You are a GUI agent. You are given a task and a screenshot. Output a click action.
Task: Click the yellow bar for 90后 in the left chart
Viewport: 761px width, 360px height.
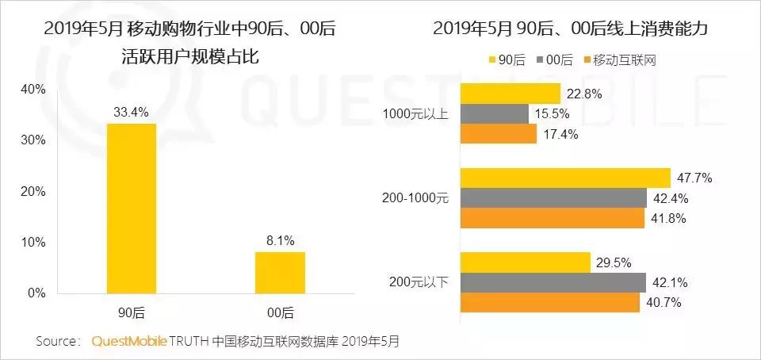(132, 208)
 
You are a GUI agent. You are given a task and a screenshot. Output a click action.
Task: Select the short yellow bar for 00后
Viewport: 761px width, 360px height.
(280, 272)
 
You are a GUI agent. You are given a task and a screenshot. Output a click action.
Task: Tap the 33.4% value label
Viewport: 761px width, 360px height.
(132, 112)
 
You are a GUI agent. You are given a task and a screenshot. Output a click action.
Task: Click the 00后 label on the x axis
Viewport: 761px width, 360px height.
(280, 311)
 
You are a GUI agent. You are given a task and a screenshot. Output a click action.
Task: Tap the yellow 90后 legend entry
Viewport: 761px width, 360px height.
(509, 61)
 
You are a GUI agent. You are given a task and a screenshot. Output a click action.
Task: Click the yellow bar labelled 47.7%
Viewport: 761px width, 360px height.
(565, 178)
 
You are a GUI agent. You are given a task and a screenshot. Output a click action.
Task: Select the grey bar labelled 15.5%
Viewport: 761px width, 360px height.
(494, 113)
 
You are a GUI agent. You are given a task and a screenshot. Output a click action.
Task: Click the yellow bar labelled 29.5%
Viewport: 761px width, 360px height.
(525, 262)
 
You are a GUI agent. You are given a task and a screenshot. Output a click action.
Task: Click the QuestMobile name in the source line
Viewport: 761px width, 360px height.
(129, 342)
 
